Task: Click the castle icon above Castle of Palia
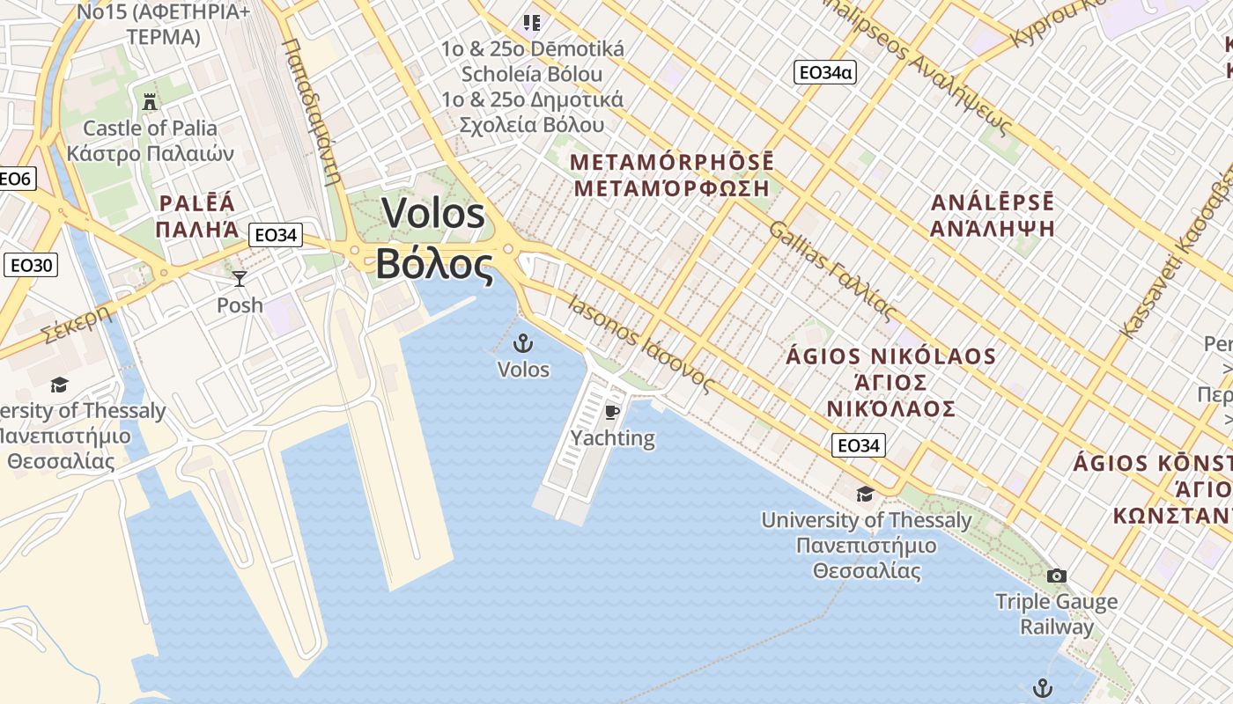[150, 101]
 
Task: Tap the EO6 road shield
[15, 180]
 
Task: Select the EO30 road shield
[31, 265]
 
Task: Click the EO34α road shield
[824, 72]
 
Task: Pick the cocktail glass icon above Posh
[240, 279]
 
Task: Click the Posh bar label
[240, 304]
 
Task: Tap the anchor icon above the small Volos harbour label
[523, 343]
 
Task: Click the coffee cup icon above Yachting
[612, 412]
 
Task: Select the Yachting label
[612, 437]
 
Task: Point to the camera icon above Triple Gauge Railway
[1056, 576]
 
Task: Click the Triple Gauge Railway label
[1056, 614]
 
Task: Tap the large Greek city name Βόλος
[434, 264]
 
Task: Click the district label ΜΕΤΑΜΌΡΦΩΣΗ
[671, 187]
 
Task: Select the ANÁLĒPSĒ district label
[993, 202]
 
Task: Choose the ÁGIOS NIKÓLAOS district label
[890, 356]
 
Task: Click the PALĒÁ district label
[197, 204]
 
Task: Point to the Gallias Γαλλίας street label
[832, 271]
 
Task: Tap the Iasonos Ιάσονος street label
[640, 343]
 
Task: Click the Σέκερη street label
[78, 323]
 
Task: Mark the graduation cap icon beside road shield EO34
[865, 494]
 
